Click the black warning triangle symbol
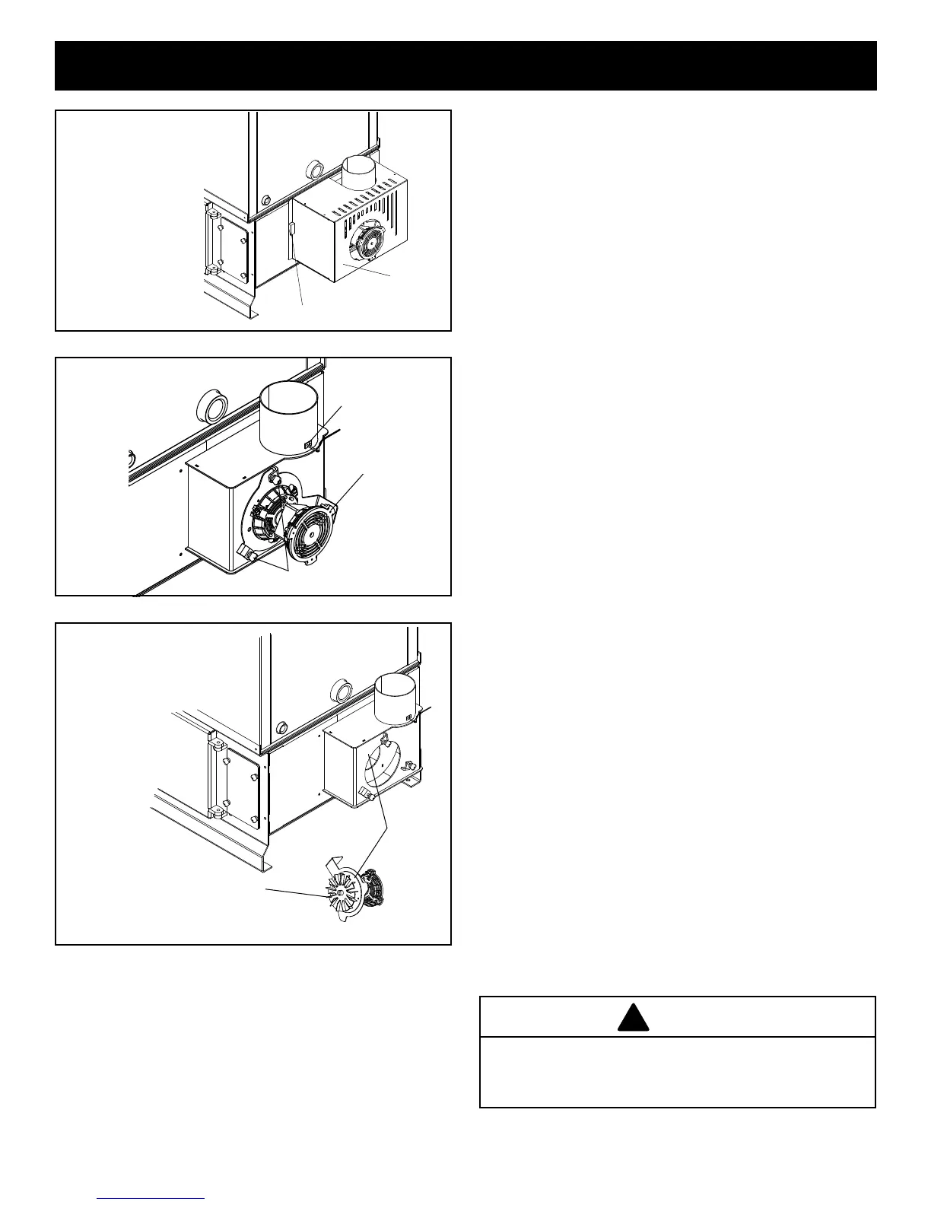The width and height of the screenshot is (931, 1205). pyautogui.click(x=633, y=1017)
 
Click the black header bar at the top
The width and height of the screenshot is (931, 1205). pyautogui.click(x=465, y=65)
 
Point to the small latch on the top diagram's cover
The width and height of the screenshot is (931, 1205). pyautogui.click(x=292, y=229)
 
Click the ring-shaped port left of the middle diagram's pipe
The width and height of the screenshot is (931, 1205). pyautogui.click(x=210, y=405)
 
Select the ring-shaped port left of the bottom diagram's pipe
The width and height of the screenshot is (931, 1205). pyautogui.click(x=342, y=691)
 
